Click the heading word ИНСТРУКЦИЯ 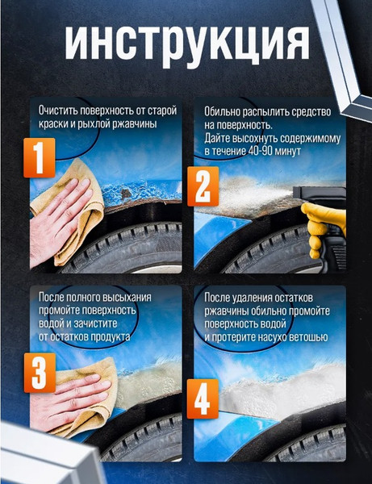tap(187, 44)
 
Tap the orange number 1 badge tap(40, 158)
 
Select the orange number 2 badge tap(203, 186)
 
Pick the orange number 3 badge tap(40, 373)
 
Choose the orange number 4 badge tap(203, 398)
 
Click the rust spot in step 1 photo tap(126, 194)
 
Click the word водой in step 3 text tap(50, 323)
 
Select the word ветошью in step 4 tap(308, 337)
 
